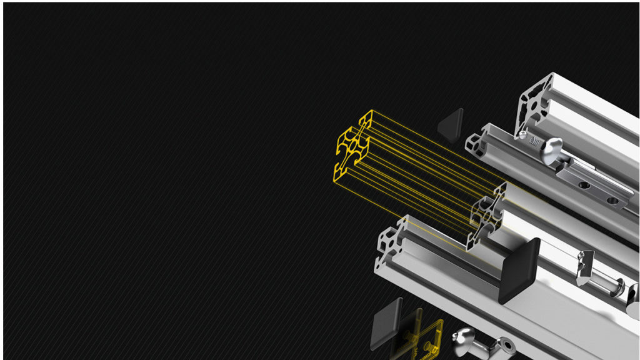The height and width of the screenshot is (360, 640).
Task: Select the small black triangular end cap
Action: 451,125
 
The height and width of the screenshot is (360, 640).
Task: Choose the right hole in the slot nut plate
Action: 612,201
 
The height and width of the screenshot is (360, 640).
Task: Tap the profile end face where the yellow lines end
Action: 486,216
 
